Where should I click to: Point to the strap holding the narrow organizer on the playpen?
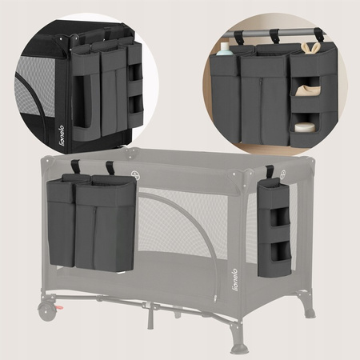click(270, 174)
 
